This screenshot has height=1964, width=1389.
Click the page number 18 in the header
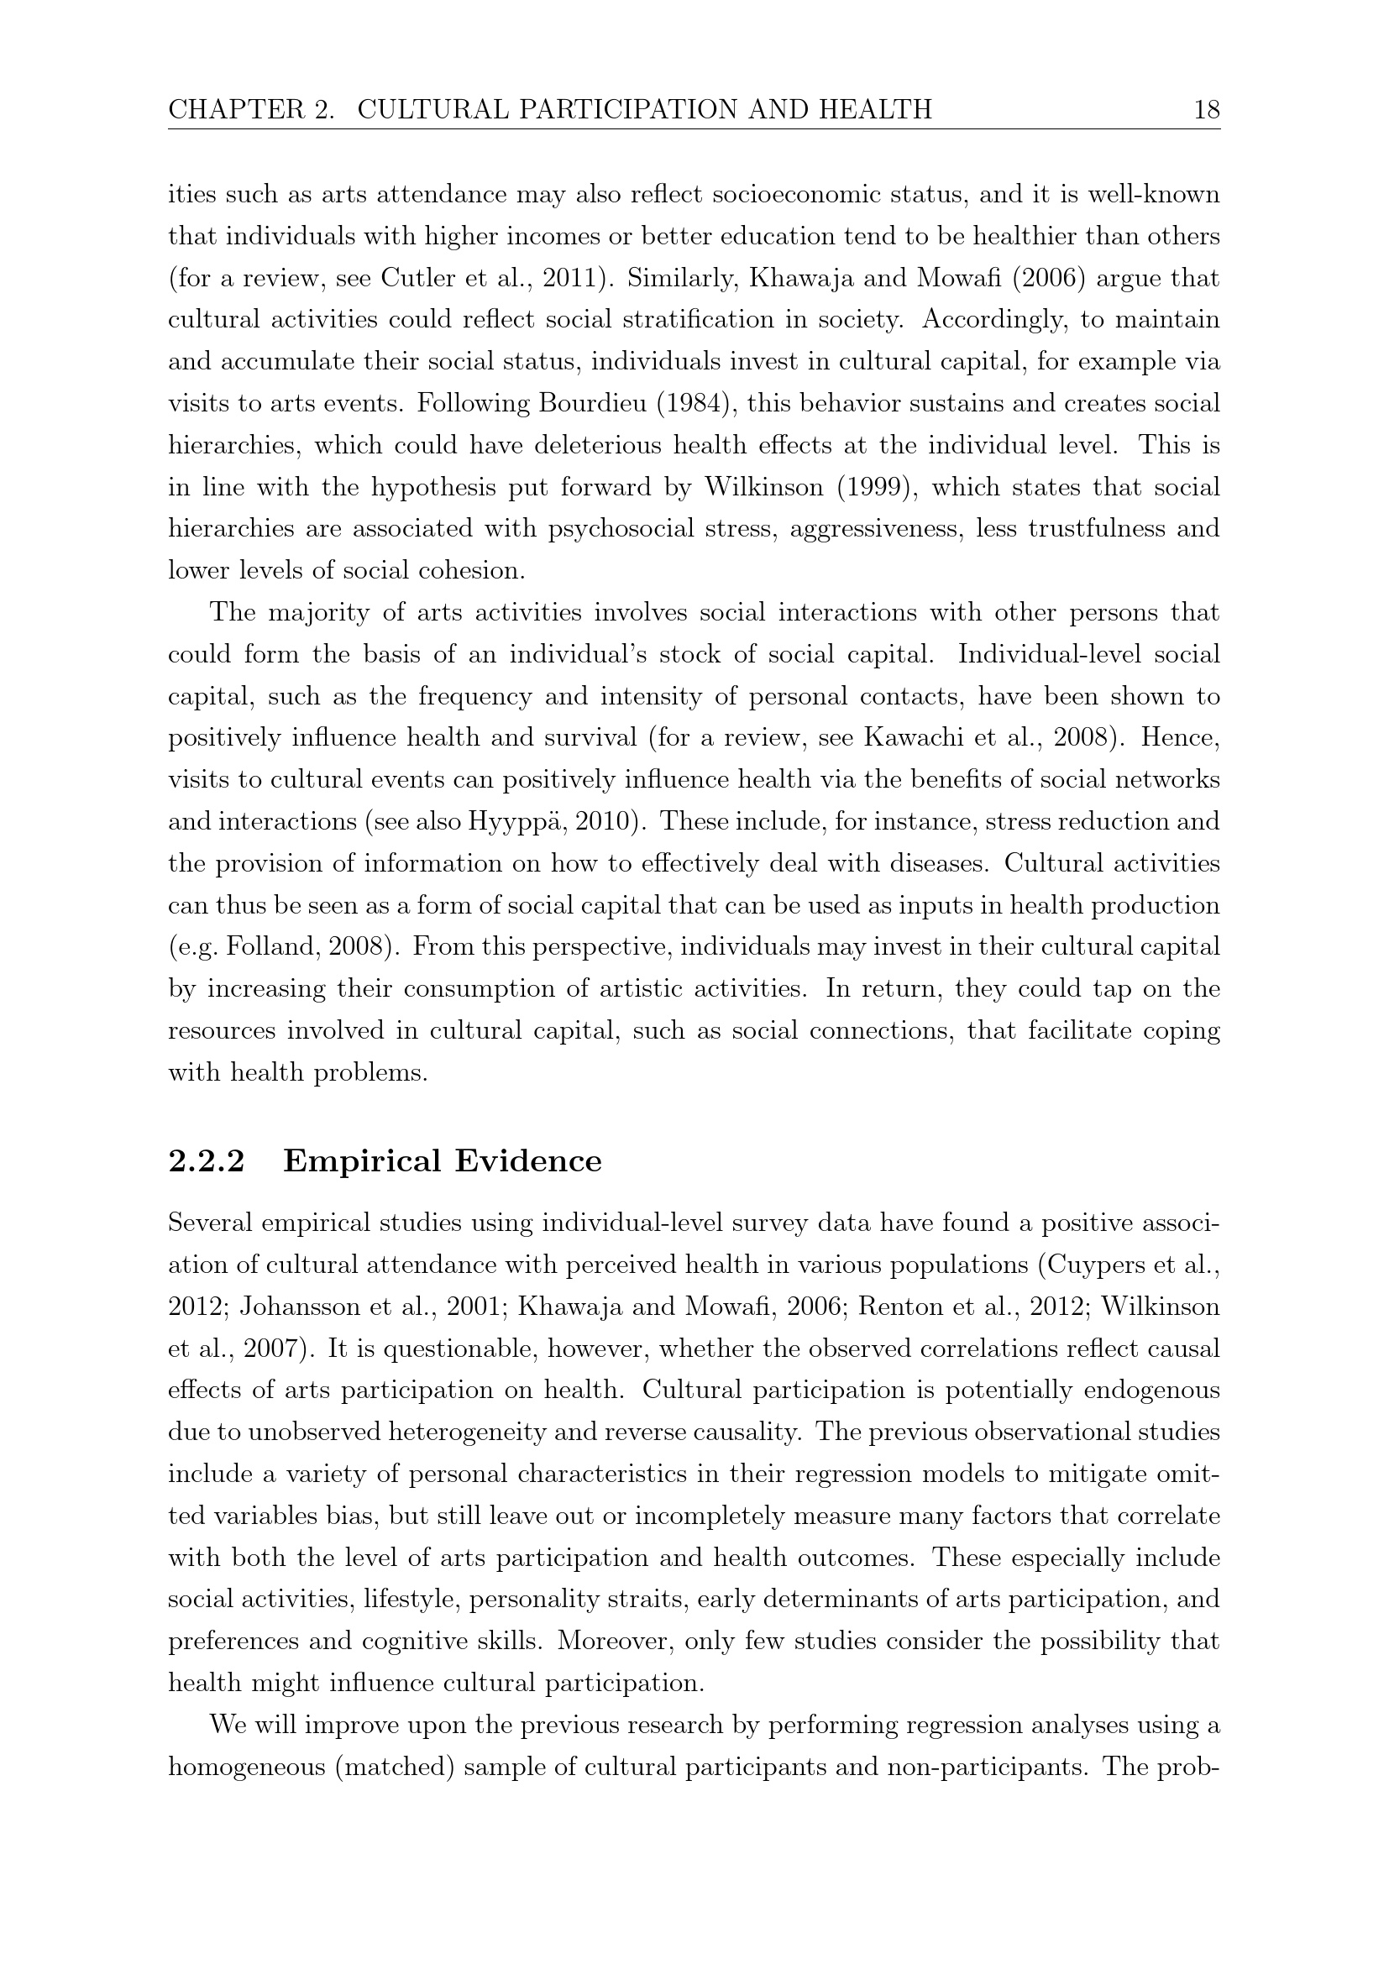(1206, 109)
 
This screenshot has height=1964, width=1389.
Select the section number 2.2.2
(206, 1161)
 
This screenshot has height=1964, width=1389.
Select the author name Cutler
(414, 278)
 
